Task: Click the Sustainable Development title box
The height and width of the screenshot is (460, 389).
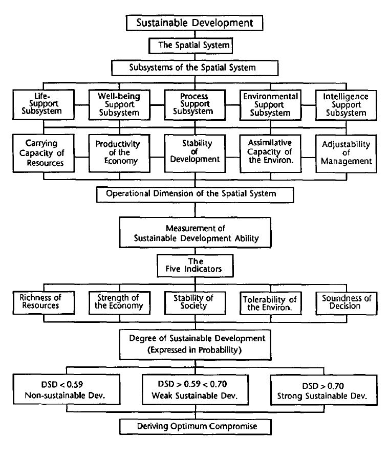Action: tap(194, 23)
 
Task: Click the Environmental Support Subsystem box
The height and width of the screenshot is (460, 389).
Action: tap(270, 104)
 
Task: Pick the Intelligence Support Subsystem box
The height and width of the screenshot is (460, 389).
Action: tap(346, 104)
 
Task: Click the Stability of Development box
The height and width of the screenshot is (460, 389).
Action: tap(195, 152)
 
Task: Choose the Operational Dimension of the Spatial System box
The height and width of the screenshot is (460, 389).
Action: tap(195, 194)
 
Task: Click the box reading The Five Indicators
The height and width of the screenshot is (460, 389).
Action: tap(195, 265)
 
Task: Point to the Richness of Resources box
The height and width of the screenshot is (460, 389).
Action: tap(39, 302)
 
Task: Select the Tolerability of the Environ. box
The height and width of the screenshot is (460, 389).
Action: tap(269, 303)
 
